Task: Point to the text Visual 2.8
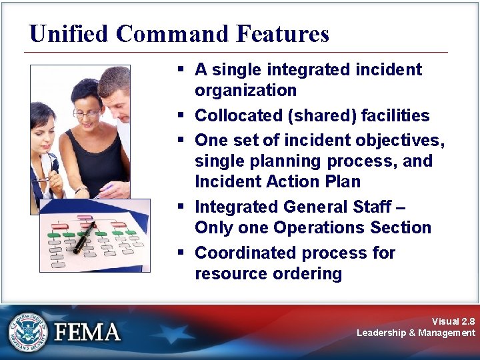tap(453, 321)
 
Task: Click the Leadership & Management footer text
tap(416, 333)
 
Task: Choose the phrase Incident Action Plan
tap(277, 181)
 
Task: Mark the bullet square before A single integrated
tap(181, 69)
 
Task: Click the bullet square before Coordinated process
tap(181, 253)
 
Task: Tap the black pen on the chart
tap(84, 239)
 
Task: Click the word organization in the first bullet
tap(245, 90)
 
